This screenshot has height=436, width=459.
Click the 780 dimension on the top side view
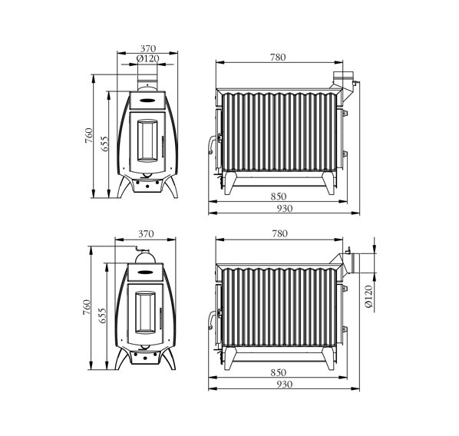[278, 57]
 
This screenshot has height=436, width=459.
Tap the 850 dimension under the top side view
[278, 197]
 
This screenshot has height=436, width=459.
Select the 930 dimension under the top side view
[285, 209]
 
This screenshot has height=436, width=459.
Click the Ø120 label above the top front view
[148, 58]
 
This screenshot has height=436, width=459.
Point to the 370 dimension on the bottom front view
[146, 234]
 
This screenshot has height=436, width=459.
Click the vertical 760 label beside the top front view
[89, 136]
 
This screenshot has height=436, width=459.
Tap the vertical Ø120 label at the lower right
[369, 296]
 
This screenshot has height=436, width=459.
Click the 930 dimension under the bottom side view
[285, 384]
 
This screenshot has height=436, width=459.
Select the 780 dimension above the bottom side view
[280, 233]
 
